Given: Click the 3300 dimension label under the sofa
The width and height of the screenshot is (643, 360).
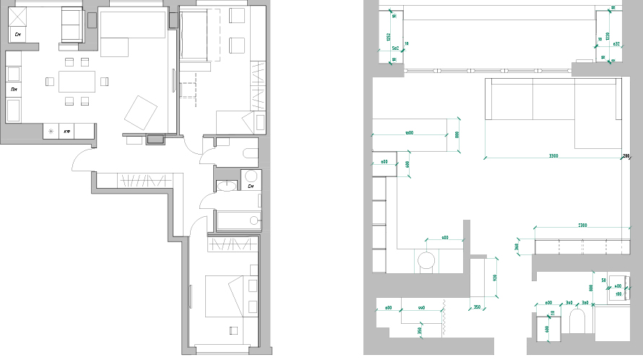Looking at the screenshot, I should click(553, 156).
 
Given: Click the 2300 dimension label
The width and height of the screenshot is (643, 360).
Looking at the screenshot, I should click(582, 226).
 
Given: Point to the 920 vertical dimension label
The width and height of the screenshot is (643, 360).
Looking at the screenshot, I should click(495, 278).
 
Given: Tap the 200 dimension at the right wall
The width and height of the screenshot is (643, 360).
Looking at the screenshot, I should click(626, 156).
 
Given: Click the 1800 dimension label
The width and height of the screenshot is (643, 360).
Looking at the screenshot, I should click(409, 133).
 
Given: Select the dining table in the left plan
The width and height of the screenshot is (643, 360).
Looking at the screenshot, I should click(77, 81).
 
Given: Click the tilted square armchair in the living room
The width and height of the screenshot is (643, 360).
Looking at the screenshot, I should click(140, 112).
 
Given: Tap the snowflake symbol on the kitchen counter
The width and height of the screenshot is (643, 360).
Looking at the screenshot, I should click(51, 131).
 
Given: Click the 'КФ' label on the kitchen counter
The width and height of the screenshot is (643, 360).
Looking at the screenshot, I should click(66, 132).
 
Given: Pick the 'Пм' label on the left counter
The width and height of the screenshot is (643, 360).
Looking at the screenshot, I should click(14, 88).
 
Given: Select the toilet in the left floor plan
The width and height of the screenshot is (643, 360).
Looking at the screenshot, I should click(251, 153).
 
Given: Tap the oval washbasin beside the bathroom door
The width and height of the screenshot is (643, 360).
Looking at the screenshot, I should click(226, 187).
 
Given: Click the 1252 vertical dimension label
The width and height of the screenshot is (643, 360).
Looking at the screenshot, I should click(388, 37).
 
